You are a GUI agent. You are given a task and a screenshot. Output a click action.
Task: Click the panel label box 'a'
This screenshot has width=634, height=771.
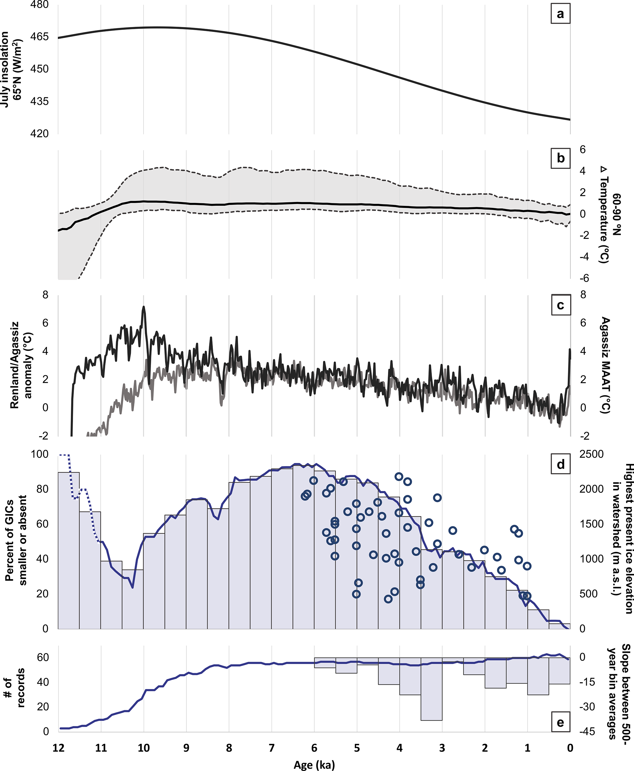pyautogui.click(x=560, y=14)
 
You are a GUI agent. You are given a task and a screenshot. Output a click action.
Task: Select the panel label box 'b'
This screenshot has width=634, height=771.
pyautogui.click(x=560, y=158)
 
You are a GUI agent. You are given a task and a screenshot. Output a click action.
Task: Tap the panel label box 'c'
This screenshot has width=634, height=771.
pyautogui.click(x=560, y=305)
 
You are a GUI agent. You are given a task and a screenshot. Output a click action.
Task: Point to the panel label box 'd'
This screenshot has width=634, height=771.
pyautogui.click(x=560, y=464)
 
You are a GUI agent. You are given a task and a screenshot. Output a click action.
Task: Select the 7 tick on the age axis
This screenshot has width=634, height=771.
pyautogui.click(x=271, y=748)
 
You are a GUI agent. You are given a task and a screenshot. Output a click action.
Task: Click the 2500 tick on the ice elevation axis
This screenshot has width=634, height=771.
pyautogui.click(x=591, y=454)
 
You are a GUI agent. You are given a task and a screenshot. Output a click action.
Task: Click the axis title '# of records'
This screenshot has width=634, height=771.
pyautogui.click(x=15, y=693)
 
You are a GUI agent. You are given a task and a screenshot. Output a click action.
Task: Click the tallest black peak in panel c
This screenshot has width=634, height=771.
pyautogui.click(x=144, y=307)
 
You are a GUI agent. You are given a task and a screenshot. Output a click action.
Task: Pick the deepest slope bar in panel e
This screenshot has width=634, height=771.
pyautogui.click(x=431, y=717)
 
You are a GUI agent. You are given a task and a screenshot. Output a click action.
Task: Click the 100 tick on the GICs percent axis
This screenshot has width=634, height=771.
pyautogui.click(x=40, y=454)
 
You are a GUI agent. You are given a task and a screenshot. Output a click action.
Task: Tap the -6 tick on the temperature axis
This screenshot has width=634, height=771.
pyautogui.click(x=584, y=278)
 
